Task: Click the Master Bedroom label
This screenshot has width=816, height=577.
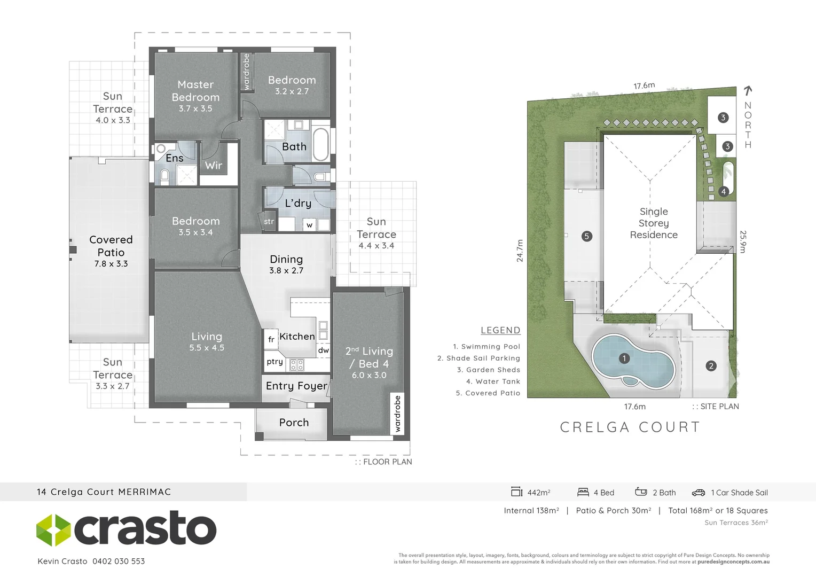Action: point(195,91)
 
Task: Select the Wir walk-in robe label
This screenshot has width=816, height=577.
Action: point(213,166)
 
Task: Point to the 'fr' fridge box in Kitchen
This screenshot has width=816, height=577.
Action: point(271,339)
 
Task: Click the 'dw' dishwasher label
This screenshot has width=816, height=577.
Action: point(324,350)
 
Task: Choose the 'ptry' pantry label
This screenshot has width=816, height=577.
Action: point(274,362)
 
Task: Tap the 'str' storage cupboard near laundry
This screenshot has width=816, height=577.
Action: point(269,221)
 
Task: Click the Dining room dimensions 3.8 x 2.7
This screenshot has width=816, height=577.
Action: point(286,270)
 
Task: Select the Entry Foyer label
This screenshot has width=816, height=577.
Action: point(296,386)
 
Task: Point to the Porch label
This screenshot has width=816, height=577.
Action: point(294,423)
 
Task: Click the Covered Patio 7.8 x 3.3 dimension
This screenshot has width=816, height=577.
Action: point(111,264)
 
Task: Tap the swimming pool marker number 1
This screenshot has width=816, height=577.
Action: point(624,358)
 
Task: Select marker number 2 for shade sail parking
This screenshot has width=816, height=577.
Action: point(711,366)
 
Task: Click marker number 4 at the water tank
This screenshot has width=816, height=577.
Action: point(724,191)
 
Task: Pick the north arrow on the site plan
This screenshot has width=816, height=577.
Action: point(748,91)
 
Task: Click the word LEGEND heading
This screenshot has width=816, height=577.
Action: point(500,330)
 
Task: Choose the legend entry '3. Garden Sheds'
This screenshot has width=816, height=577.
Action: point(489,370)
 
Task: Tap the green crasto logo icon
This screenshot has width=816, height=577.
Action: point(53,530)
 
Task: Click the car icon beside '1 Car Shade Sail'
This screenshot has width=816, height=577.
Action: point(699,493)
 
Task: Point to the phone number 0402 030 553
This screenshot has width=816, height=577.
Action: point(119,562)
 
